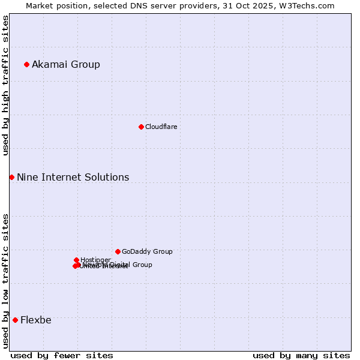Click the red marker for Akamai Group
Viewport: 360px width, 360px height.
click(x=26, y=64)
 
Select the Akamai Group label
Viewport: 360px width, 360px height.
click(x=66, y=65)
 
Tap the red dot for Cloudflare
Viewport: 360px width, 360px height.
click(x=141, y=127)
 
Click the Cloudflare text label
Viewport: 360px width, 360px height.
click(x=161, y=127)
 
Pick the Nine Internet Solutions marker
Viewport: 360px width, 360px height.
click(x=11, y=177)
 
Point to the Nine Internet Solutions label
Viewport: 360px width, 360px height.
click(x=73, y=178)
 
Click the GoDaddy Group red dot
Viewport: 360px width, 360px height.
click(x=118, y=251)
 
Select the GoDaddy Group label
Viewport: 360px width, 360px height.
click(x=147, y=252)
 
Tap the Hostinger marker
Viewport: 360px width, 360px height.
click(x=76, y=260)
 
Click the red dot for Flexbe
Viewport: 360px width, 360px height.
click(x=15, y=320)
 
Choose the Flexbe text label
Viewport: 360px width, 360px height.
click(x=36, y=320)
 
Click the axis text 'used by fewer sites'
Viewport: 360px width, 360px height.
click(x=62, y=355)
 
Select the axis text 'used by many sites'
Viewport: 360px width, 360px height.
click(x=301, y=355)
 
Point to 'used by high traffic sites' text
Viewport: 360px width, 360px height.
click(x=6, y=86)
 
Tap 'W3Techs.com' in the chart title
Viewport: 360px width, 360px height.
click(x=310, y=6)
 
